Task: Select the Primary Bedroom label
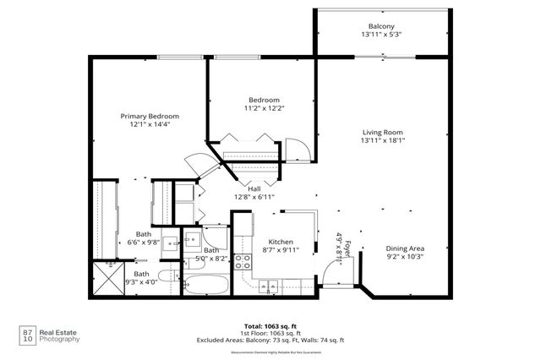click(149, 117)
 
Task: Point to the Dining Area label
click(405, 248)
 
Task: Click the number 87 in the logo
click(29, 331)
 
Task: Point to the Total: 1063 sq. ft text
click(271, 325)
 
